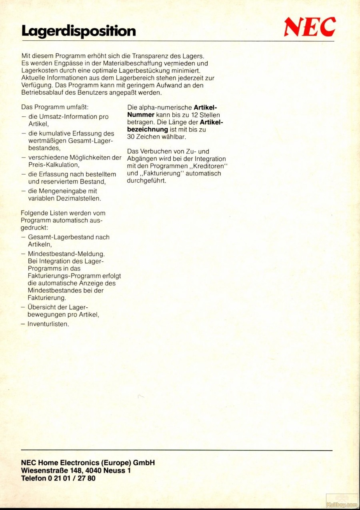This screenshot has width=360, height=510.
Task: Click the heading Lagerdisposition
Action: tap(78, 31)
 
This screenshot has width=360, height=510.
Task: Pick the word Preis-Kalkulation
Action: tap(53, 165)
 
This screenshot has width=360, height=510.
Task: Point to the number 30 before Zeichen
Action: tap(132, 137)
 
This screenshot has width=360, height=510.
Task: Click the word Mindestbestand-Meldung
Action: tap(66, 254)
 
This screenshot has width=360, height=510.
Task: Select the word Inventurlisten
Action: tap(48, 324)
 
